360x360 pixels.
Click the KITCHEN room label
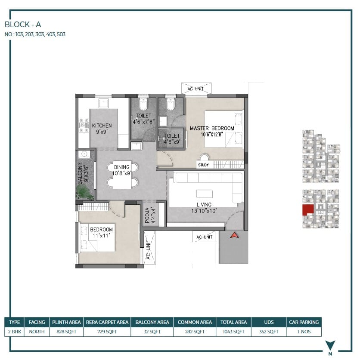coord(102,126)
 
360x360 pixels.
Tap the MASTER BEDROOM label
coord(212,128)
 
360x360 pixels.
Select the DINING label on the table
coord(121,167)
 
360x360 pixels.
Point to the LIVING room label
coord(204,205)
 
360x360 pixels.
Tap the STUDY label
coord(203,165)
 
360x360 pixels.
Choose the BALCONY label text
coord(80,173)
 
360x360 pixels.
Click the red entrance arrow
coord(234,235)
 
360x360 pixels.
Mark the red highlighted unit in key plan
coord(307,209)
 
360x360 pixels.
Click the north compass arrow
coord(330,345)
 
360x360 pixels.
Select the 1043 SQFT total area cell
coord(233,332)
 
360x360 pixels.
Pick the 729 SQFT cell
coord(107,332)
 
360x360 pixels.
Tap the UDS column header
coord(269,322)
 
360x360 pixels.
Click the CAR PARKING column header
coord(304,322)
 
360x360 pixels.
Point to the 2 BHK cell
coord(14,332)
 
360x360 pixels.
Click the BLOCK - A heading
coord(23,25)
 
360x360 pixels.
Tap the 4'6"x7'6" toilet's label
coord(144,119)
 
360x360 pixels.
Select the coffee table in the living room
coord(205,194)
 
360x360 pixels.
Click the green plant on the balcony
coord(84,192)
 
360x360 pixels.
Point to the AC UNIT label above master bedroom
coord(196,89)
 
